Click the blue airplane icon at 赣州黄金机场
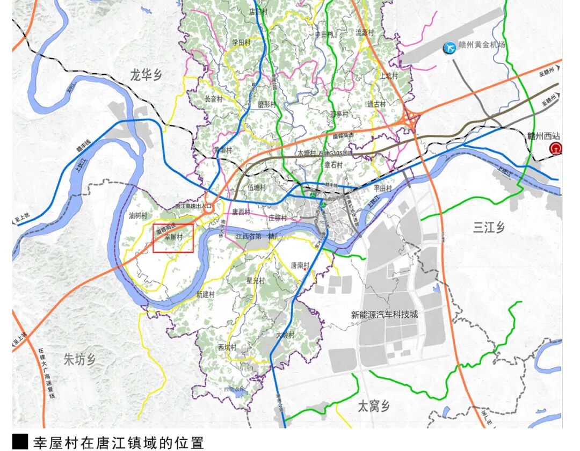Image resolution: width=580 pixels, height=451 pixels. [448, 48]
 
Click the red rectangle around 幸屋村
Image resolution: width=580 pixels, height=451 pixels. [173, 238]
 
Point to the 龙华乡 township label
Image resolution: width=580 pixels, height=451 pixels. [146, 75]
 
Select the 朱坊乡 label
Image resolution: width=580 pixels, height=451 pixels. [79, 359]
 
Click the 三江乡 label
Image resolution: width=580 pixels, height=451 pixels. [489, 227]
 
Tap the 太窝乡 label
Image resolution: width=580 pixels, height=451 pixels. [374, 406]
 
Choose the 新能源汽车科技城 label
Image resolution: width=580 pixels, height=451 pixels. [384, 315]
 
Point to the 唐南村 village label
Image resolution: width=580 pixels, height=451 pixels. [301, 265]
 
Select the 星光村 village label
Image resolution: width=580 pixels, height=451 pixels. [256, 280]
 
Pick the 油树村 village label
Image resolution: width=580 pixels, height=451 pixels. [138, 216]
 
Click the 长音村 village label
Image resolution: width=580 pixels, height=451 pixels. [214, 99]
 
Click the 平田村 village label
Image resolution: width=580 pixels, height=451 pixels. [383, 188]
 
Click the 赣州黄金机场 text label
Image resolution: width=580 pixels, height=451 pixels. [481, 46]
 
